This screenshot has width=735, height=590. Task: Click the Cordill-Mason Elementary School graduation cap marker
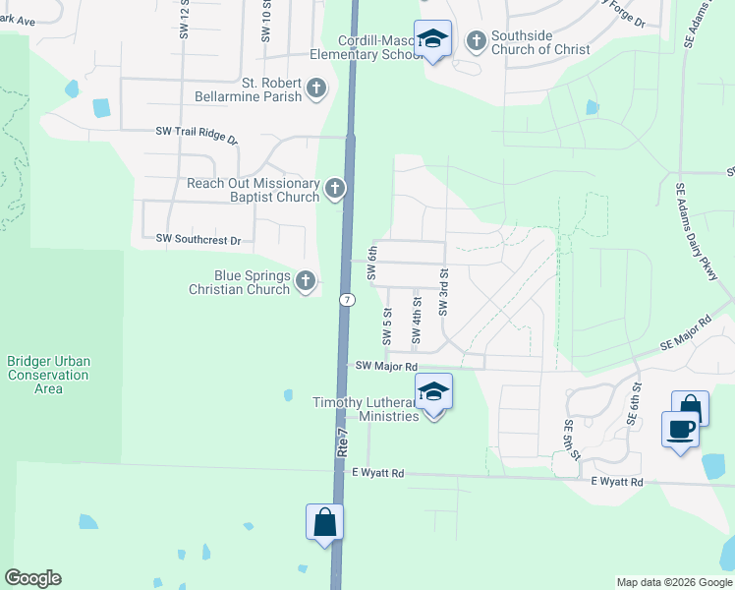(432, 40)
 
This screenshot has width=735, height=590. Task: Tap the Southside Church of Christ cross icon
(477, 40)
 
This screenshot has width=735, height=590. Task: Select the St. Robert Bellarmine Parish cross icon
(316, 89)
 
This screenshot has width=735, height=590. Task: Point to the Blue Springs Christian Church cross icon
(306, 282)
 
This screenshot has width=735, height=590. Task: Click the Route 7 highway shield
(347, 299)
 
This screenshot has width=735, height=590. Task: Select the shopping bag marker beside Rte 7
(325, 523)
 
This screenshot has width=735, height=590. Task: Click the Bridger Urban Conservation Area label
(48, 375)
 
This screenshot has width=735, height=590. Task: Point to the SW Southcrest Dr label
(198, 239)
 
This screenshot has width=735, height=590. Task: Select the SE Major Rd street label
(684, 335)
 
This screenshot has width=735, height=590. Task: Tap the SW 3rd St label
(444, 292)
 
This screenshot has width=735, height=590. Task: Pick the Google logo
(32, 578)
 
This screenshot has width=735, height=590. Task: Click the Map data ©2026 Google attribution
(674, 582)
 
